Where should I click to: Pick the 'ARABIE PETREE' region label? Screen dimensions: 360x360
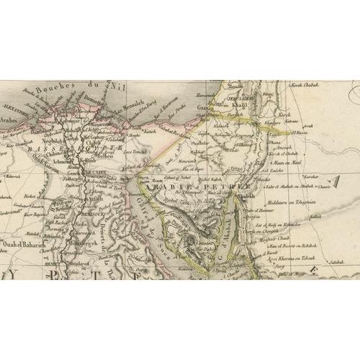pos(176,186)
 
